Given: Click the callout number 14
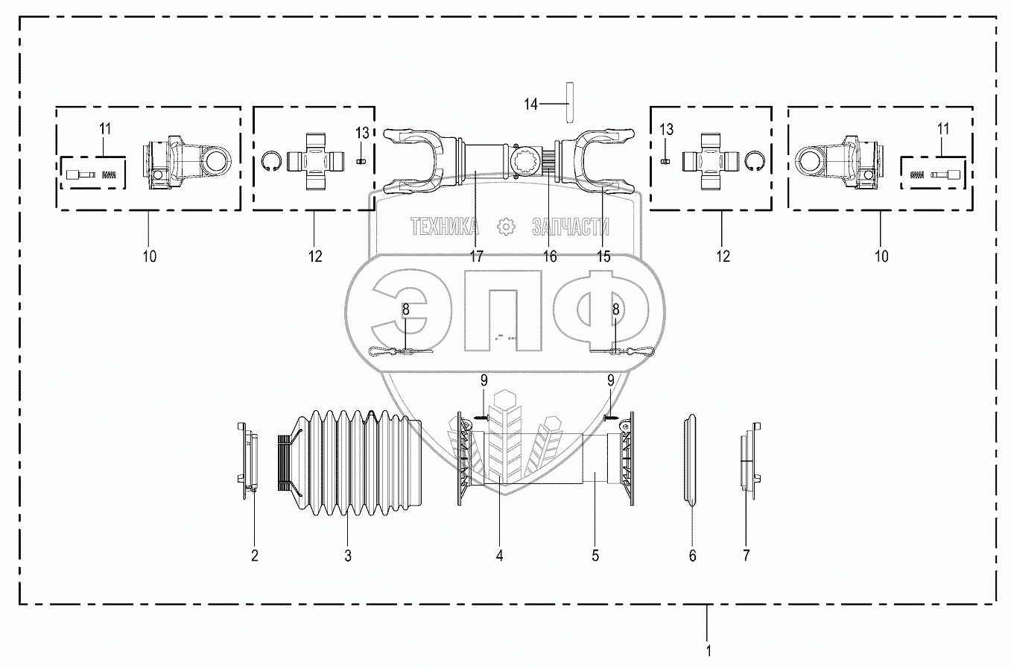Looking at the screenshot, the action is click(x=530, y=104).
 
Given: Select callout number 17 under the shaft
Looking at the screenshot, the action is click(x=476, y=257).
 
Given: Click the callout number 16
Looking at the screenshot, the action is click(x=550, y=257).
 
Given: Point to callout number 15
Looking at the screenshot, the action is click(x=603, y=257).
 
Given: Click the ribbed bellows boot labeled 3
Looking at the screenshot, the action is click(x=349, y=462).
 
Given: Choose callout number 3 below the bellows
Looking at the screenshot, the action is click(x=347, y=556).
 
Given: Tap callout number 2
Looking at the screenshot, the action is click(x=255, y=556).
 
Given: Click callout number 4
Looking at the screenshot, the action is click(x=499, y=556).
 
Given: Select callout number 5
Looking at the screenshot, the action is click(x=595, y=556).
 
